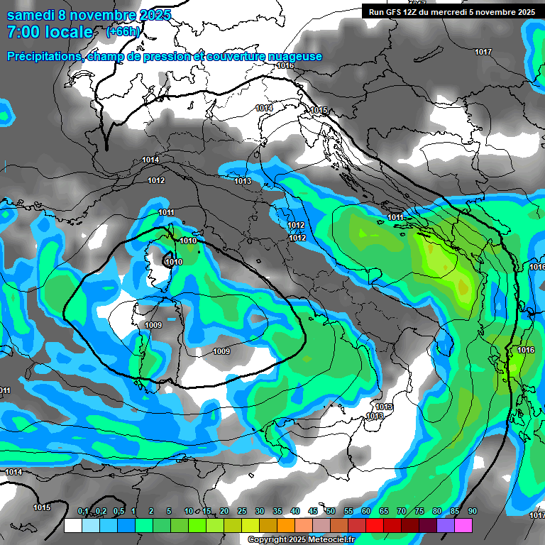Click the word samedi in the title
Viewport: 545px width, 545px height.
[x=29, y=15]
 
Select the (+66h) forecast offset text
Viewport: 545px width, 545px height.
[x=123, y=32]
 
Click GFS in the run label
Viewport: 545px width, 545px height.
[x=395, y=12]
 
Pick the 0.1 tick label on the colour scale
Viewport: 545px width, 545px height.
[x=82, y=512]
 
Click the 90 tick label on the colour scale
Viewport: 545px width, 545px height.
[x=473, y=512]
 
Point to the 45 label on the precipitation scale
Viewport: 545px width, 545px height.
[x=313, y=512]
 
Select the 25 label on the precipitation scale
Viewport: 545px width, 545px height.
[x=242, y=512]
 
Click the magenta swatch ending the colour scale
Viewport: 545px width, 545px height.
[x=463, y=526]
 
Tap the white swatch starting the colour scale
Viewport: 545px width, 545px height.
[x=72, y=526]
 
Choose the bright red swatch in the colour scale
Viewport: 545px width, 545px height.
[x=375, y=526]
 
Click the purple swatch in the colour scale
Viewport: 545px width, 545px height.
[x=446, y=526]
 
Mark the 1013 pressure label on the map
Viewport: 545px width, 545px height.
[x=243, y=181]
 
